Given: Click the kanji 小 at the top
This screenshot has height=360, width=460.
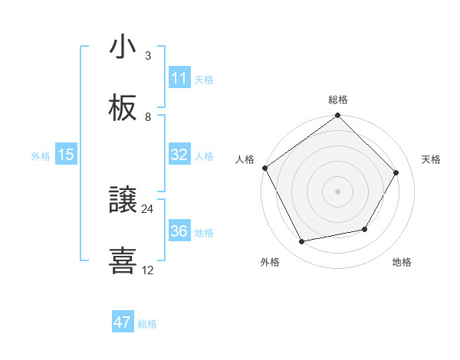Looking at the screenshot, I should click(x=123, y=47).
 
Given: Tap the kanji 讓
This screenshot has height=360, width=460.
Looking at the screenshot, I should click(x=123, y=201).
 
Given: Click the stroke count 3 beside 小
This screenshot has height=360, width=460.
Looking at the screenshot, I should click(x=148, y=56).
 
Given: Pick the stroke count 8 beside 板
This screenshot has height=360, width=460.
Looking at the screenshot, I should click(x=148, y=117).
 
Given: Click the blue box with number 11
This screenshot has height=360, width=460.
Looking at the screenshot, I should click(x=179, y=78).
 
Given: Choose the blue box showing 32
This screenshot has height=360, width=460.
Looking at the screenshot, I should click(x=179, y=155).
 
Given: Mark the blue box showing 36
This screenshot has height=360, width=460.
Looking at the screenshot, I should click(x=179, y=231).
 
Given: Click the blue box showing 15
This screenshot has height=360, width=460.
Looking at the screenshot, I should click(x=66, y=155).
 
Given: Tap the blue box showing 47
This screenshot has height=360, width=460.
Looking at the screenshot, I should click(x=123, y=322).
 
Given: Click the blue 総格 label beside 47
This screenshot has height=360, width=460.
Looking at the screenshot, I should click(x=147, y=324).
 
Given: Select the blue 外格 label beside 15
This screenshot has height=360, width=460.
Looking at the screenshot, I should click(x=41, y=156).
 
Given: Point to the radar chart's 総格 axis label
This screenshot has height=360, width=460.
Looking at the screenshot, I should click(x=338, y=100).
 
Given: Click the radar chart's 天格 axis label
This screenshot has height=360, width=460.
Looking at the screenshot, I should click(x=432, y=159).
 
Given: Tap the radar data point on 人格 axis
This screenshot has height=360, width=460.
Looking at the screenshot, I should click(x=265, y=168).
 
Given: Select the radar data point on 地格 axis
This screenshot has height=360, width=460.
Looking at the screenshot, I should click(x=365, y=229).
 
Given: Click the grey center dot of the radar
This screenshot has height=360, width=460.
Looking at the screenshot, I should click(x=338, y=191).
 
